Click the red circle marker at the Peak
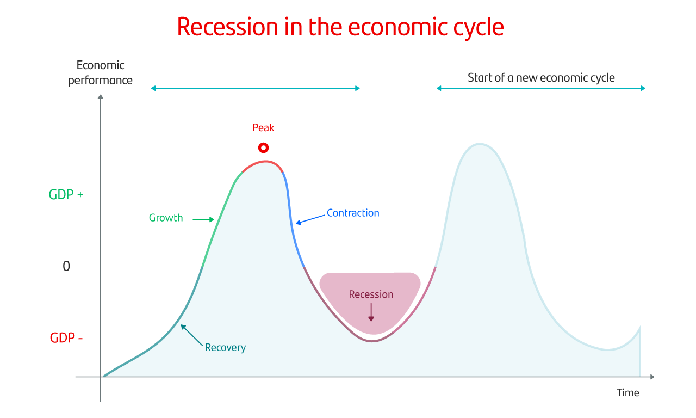pyautogui.click(x=263, y=147)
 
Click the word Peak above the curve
pyautogui.click(x=263, y=128)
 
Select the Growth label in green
pyautogui.click(x=166, y=218)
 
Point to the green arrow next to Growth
pyautogui.click(x=204, y=219)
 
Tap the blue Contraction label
pyautogui.click(x=353, y=213)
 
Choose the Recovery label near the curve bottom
pyautogui.click(x=225, y=347)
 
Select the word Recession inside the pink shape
pyautogui.click(x=371, y=294)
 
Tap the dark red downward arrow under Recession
pyautogui.click(x=371, y=313)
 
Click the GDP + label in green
pyautogui.click(x=66, y=194)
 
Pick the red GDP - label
pyautogui.click(x=66, y=338)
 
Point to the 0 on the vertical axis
pyautogui.click(x=66, y=267)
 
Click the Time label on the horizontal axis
pyautogui.click(x=627, y=393)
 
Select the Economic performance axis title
pyautogui.click(x=100, y=73)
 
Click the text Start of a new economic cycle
pyautogui.click(x=541, y=77)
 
